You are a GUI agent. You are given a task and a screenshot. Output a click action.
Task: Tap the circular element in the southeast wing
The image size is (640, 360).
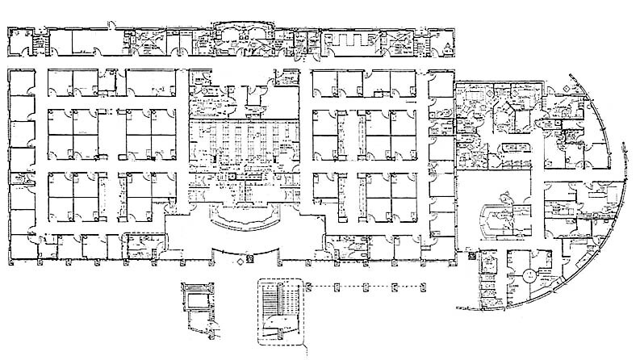tap(528, 275)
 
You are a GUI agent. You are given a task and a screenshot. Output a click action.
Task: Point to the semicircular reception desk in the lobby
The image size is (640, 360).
tap(241, 216)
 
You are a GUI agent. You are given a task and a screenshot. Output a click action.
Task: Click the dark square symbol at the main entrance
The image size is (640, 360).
tap(249, 258)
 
